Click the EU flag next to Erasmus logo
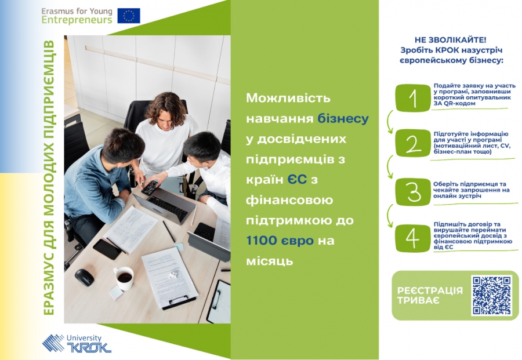coord(129,16)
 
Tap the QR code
coord(491,295)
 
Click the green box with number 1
coord(413,98)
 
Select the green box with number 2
coord(413,143)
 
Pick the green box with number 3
coord(413,192)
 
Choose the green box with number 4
coord(413,238)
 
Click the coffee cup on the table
coord(124,278)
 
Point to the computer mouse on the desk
coord(84,278)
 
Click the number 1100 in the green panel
coord(262,241)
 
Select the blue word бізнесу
coord(343,119)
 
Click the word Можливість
coord(288,98)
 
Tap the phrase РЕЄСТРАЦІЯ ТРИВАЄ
coord(430,296)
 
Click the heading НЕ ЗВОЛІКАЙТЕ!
coord(451,40)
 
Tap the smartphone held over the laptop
coord(150,188)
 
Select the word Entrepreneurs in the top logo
coord(77,20)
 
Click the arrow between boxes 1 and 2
coord(390,121)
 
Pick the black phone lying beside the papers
coord(107,249)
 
